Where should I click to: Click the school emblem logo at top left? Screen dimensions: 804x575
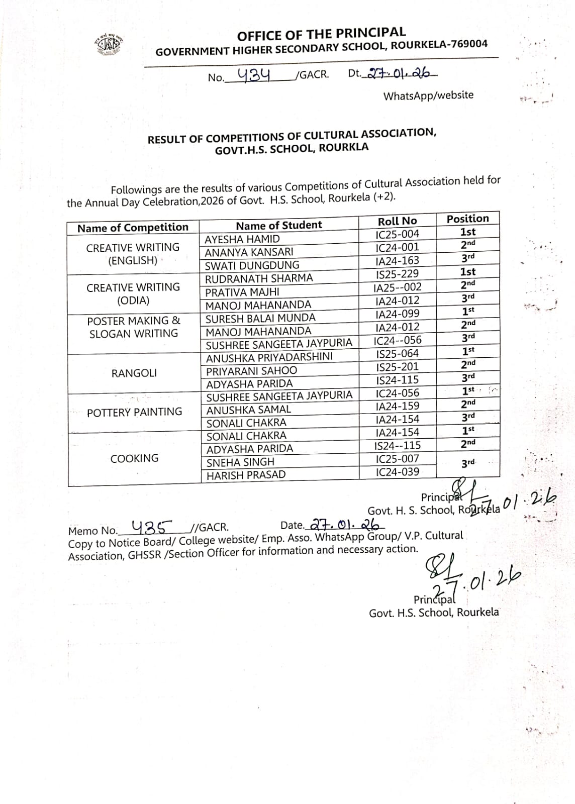coord(108,46)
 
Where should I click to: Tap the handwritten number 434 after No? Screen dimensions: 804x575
coord(254,75)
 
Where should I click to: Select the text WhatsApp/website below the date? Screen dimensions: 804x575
coord(428,95)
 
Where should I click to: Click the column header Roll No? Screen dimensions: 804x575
coord(397,221)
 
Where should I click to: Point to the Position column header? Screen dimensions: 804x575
coord(467,219)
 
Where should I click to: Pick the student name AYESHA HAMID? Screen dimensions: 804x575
coord(242,239)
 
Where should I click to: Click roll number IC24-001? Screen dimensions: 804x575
coord(397,247)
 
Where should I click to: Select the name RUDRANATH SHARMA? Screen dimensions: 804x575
coord(259,278)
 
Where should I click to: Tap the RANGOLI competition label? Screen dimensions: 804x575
coord(134,373)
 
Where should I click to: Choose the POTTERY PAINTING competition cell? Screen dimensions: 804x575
coord(134,413)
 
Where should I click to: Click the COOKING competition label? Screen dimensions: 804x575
coord(134,458)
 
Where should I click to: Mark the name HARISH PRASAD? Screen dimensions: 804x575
coord(246,475)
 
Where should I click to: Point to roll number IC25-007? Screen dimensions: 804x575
coord(397,459)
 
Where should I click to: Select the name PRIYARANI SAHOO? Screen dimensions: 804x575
coord(251,371)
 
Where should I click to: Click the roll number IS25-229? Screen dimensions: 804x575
coord(397,274)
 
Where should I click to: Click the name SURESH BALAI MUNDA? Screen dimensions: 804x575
coord(260,318)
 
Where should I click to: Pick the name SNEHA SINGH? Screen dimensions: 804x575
coord(240,462)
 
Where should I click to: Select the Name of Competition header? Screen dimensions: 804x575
coord(133,228)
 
